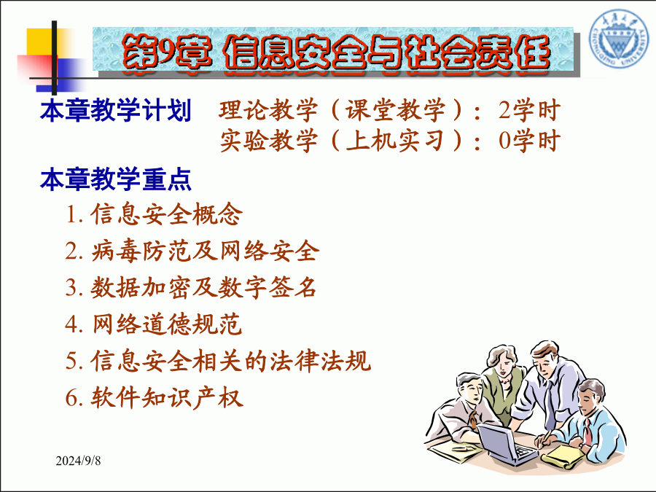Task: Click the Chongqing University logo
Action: (x=617, y=39)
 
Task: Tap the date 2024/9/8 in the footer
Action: (x=78, y=461)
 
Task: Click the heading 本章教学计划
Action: (x=115, y=110)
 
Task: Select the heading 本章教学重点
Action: (x=115, y=179)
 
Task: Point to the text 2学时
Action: (x=529, y=110)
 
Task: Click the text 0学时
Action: (x=529, y=141)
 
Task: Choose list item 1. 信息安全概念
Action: (x=154, y=214)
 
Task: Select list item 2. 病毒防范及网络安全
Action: (x=192, y=251)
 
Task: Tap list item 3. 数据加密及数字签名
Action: (x=190, y=287)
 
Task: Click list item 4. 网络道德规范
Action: (x=154, y=324)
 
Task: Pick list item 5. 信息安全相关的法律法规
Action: (x=218, y=361)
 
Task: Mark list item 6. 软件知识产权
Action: (x=154, y=397)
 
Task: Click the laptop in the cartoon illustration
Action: (x=507, y=443)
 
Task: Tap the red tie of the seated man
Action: (x=587, y=432)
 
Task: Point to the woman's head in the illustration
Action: (x=501, y=361)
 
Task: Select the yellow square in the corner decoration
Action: (x=41, y=42)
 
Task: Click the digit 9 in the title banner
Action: (x=165, y=52)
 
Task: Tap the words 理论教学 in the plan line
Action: (x=268, y=110)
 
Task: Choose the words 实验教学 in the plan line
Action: (x=268, y=141)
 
